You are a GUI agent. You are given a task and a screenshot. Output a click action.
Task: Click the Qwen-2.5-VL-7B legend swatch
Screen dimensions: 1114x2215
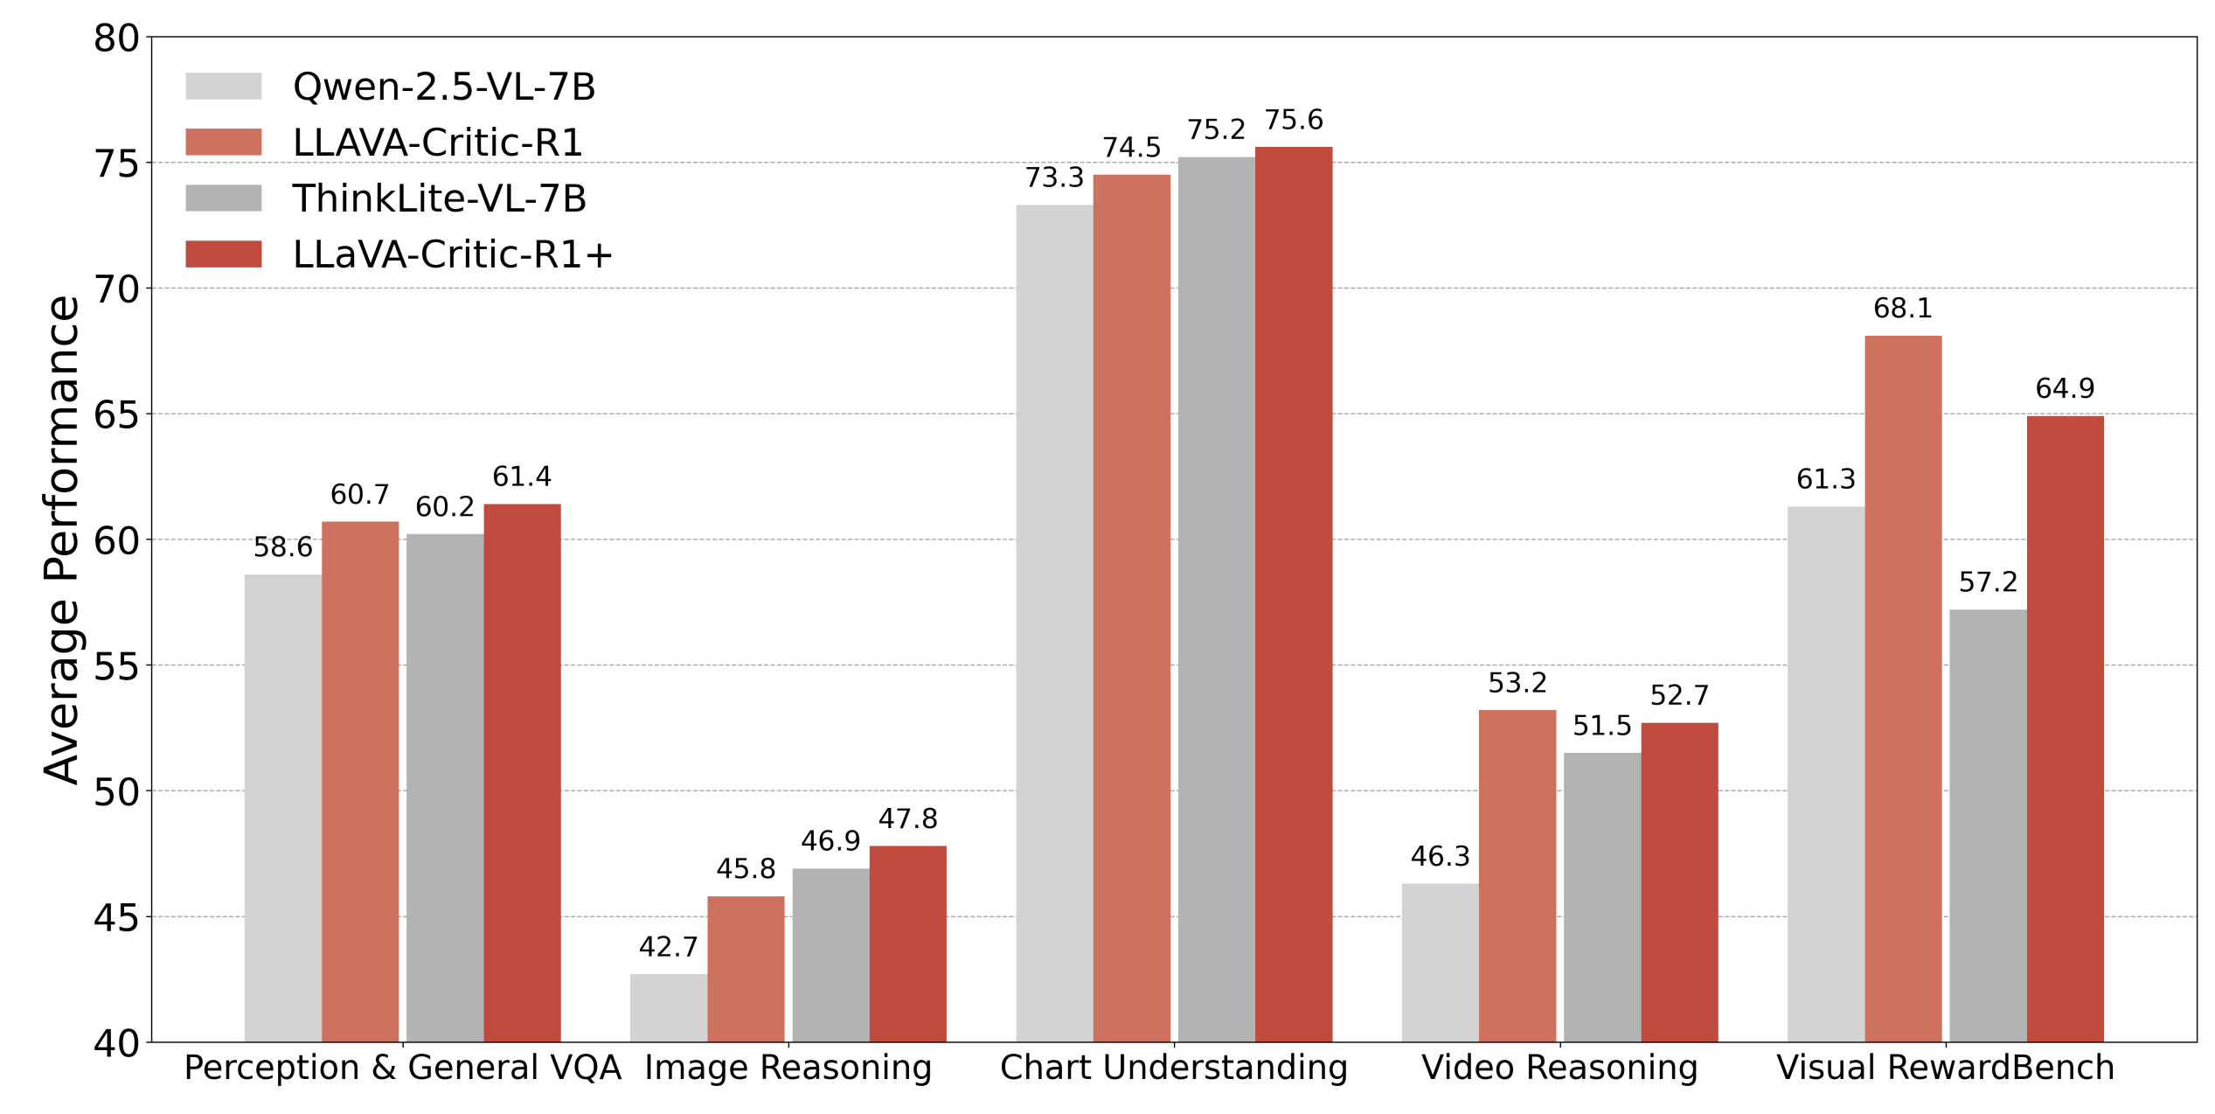coord(223,86)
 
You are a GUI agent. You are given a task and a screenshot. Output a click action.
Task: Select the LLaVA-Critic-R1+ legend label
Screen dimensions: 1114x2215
coord(452,254)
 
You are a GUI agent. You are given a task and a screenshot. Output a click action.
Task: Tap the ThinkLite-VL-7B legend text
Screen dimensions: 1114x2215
coord(439,198)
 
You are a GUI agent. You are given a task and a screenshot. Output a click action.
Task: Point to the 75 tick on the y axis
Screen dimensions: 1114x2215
coord(116,164)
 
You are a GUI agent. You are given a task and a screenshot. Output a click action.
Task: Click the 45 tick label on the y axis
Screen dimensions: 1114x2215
coord(116,918)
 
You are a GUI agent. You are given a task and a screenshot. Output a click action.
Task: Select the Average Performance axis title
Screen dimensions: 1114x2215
coord(62,540)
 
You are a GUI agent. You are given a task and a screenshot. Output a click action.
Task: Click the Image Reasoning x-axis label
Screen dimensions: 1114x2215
coord(788,1068)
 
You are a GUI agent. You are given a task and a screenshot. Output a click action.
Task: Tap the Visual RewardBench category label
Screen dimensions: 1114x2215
coord(1945,1068)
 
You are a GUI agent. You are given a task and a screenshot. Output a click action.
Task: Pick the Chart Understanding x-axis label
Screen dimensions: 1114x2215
coord(1173,1068)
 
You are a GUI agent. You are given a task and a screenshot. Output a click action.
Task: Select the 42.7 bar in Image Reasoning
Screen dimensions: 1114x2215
coord(669,1007)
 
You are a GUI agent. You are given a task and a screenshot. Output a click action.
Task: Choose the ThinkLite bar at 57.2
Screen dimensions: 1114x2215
coord(1988,825)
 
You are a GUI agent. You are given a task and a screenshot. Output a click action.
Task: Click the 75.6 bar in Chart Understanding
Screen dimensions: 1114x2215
coord(1294,595)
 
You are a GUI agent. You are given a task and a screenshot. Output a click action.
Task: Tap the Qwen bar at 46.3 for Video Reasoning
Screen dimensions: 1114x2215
coord(1441,962)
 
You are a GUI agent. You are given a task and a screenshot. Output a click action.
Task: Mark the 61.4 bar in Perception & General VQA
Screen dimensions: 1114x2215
coord(522,773)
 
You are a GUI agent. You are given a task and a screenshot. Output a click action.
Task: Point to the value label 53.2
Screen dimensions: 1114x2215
coord(1517,683)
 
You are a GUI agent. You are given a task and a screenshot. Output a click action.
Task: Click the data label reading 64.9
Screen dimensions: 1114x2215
coord(2065,388)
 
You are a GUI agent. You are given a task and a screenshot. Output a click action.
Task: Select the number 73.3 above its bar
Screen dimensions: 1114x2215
coord(1054,178)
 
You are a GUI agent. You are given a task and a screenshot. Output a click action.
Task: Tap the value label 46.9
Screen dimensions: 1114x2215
coord(830,841)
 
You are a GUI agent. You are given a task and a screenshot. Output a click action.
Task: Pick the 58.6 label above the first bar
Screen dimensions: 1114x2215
coord(282,547)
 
